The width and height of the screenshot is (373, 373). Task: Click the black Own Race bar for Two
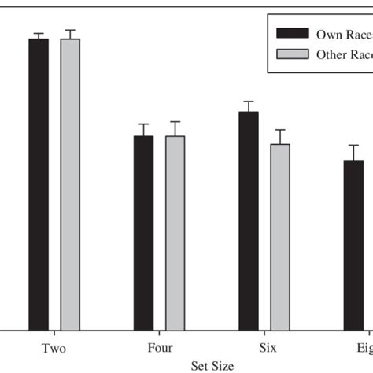click(39, 184)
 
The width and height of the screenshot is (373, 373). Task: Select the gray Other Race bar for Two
click(70, 184)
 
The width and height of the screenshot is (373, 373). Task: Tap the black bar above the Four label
click(143, 233)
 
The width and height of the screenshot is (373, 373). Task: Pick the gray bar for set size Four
click(175, 233)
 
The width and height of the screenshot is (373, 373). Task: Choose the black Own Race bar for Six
click(249, 221)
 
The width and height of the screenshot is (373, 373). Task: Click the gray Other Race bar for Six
click(280, 237)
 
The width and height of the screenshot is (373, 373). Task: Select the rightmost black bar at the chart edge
click(353, 245)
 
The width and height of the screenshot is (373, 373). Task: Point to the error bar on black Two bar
click(39, 35)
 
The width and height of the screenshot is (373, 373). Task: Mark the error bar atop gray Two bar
click(70, 34)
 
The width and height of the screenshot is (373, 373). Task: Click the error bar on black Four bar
click(143, 130)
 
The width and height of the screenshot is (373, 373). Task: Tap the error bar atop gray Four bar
click(175, 128)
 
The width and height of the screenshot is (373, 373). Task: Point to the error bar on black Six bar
click(249, 106)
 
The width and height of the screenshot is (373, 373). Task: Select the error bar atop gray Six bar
click(280, 136)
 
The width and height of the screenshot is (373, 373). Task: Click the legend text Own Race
click(343, 34)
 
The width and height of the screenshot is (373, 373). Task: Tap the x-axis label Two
click(54, 347)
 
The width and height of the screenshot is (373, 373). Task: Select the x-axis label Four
click(160, 347)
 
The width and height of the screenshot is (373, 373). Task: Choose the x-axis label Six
click(264, 347)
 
